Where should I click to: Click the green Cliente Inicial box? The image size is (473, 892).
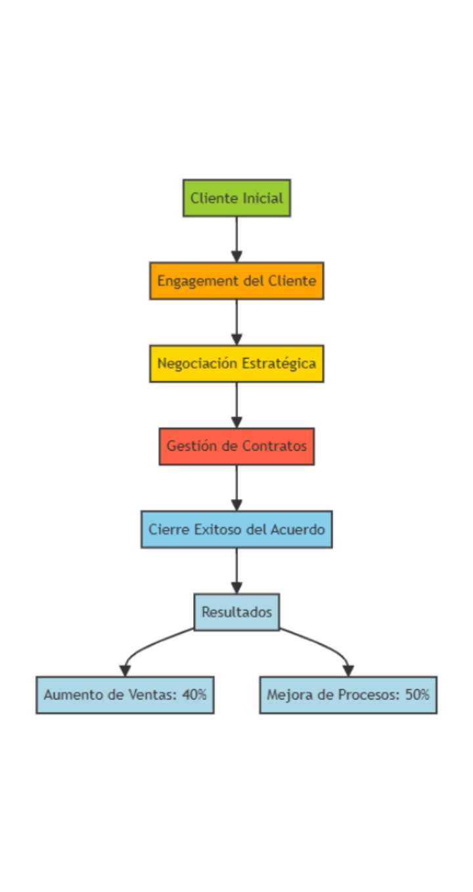coord(236,198)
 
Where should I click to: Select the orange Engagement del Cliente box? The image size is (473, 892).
coord(236,280)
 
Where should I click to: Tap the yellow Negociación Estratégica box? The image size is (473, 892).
coord(236,363)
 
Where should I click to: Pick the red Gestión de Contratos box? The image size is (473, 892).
coord(236,446)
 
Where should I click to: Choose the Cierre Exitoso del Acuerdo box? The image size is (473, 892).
coord(236,529)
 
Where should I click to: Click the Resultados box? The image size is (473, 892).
coord(236,612)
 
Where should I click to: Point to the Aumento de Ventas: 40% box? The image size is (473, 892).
coord(125,694)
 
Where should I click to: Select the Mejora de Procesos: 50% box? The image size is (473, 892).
coord(348,694)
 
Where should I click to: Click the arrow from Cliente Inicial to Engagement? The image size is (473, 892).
coord(236,239)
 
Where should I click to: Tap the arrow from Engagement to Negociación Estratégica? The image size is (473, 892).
coord(236,322)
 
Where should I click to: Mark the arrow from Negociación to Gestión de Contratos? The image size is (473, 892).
coord(236,405)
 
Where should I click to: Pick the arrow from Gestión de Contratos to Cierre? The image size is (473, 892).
coord(236,487)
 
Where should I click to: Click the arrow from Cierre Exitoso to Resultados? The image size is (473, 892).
coord(236,570)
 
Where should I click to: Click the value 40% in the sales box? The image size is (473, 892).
coord(194,694)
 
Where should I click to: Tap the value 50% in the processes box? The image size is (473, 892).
coord(417,694)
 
